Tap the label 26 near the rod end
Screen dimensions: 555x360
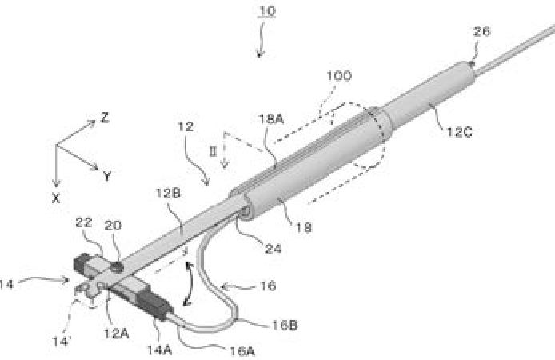[481, 32]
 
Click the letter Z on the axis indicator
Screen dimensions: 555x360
[104, 118]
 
